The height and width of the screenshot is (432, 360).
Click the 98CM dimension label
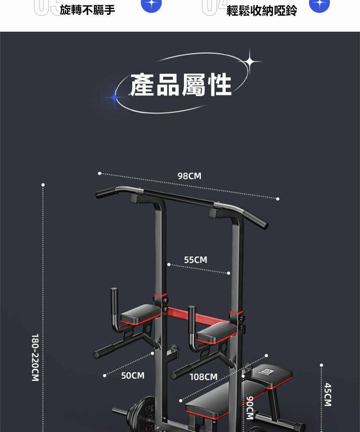(189, 176)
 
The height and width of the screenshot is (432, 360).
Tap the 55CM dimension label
(195, 260)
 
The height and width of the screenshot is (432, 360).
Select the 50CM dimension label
(132, 376)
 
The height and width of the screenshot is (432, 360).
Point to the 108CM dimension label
(203, 377)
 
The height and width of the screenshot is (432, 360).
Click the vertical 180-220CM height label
(35, 357)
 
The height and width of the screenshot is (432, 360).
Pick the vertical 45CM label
(328, 395)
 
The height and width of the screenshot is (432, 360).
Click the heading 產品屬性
(181, 85)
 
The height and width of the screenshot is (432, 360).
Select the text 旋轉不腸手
(87, 10)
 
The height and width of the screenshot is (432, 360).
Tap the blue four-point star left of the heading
(114, 97)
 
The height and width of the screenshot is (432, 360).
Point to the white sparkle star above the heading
(249, 62)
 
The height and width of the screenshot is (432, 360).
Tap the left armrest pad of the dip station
(140, 313)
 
